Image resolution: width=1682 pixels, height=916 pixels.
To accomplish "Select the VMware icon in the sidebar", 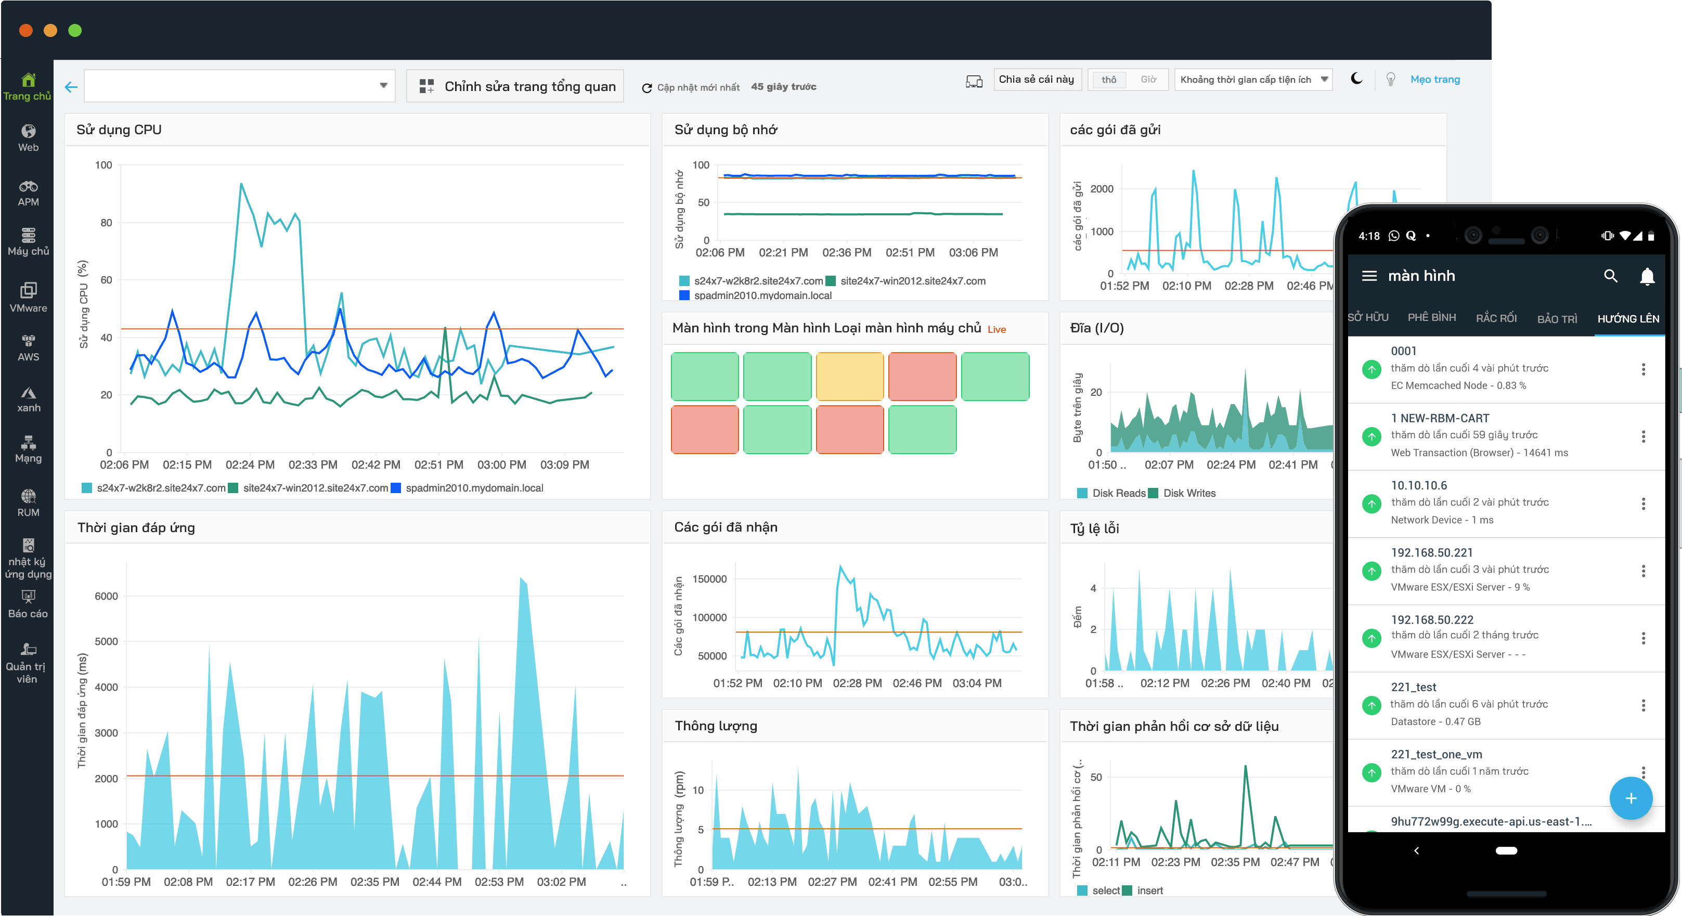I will click(28, 296).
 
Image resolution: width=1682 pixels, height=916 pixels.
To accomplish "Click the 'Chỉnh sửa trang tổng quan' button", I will click(516, 86).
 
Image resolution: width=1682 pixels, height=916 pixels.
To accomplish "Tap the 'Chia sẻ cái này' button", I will click(1036, 79).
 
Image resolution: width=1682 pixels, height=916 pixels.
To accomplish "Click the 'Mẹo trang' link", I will click(1434, 79).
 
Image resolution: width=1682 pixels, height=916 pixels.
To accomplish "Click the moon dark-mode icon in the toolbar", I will click(1356, 79).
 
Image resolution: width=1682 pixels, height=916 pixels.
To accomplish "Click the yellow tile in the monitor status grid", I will click(849, 376).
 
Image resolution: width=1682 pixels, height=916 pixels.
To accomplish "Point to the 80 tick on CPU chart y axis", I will click(106, 223).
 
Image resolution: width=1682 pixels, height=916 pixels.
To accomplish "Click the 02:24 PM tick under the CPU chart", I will click(250, 465).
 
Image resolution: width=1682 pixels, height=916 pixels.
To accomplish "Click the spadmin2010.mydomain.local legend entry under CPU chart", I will click(473, 488).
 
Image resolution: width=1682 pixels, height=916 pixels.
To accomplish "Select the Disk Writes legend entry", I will click(1188, 493).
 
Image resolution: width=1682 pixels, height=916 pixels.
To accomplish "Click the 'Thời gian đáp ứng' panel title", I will click(136, 527).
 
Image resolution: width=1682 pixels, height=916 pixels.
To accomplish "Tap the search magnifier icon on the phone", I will click(1610, 276).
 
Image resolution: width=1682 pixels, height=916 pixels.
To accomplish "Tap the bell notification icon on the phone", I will click(1647, 276).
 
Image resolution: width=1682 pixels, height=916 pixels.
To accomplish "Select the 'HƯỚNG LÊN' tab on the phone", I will click(1628, 319).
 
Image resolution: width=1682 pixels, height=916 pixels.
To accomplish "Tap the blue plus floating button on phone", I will click(1631, 798).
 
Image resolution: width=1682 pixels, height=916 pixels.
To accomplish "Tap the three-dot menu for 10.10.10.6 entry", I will click(1643, 504).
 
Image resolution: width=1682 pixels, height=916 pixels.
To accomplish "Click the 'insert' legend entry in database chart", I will click(1149, 891).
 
